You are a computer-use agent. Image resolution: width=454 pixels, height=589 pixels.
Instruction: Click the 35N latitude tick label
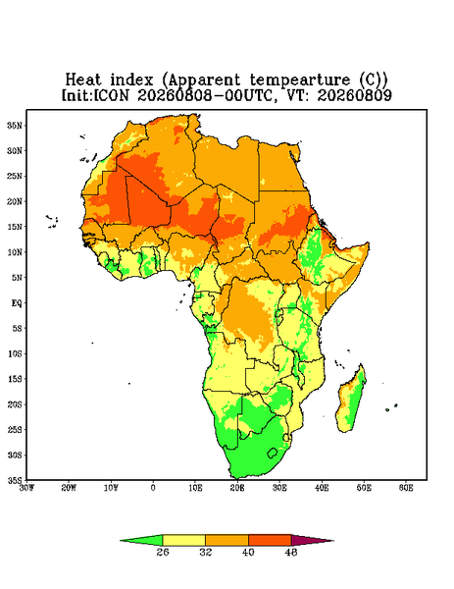[x=15, y=126]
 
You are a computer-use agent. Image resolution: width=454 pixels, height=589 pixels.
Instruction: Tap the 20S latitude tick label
[x=15, y=404]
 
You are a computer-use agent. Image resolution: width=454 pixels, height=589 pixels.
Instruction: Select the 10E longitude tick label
[x=195, y=488]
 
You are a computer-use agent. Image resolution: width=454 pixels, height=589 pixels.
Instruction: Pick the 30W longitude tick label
[x=26, y=488]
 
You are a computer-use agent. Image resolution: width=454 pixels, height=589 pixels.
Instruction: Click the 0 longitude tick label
[x=153, y=488]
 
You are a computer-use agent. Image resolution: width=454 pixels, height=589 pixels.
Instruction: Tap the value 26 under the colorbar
[x=163, y=552]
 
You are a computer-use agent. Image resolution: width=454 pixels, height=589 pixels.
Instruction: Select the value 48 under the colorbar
[x=291, y=552]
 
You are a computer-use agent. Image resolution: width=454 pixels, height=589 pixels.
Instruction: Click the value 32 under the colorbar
[x=206, y=552]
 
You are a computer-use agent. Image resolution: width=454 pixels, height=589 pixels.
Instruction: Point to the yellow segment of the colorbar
[x=183, y=540]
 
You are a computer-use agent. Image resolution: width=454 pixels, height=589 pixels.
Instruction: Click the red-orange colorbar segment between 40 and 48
[x=270, y=540]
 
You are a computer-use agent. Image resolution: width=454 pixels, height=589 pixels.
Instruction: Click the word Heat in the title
[x=83, y=80]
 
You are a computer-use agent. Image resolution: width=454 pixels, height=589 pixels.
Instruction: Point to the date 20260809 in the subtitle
[x=355, y=95]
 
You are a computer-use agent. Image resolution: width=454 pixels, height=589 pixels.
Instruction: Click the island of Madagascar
[x=352, y=401]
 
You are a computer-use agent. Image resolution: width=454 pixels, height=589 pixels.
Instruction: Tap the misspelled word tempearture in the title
[x=300, y=80]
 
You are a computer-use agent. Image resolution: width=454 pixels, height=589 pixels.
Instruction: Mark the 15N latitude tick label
[x=15, y=227]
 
